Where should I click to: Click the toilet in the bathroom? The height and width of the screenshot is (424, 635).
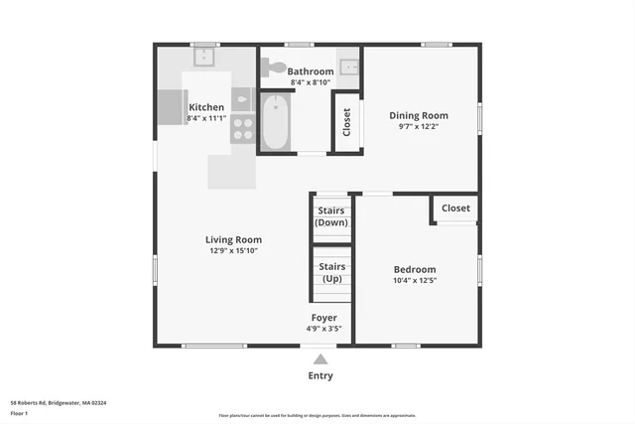point(273,69)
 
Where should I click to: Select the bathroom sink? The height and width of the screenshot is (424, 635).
point(348,67)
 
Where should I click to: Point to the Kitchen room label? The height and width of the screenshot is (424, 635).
point(206,107)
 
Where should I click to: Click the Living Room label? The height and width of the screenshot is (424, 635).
point(233,239)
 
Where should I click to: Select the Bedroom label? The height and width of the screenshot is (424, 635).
point(415,269)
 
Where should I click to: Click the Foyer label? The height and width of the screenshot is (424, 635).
point(324,318)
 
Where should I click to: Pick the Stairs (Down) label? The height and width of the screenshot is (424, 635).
point(331,216)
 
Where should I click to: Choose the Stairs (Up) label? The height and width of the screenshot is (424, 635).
point(332,272)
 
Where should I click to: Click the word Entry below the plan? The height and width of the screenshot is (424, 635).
point(320,375)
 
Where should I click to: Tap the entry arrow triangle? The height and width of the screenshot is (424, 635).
point(319,359)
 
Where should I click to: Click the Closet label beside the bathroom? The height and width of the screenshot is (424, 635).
point(346,121)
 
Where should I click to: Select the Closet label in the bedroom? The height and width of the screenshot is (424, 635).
point(455,209)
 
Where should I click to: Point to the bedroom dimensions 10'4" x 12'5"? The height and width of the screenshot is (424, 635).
point(415,281)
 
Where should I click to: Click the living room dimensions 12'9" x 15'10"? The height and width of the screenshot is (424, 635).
point(233,251)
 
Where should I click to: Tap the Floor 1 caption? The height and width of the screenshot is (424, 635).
point(19,411)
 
